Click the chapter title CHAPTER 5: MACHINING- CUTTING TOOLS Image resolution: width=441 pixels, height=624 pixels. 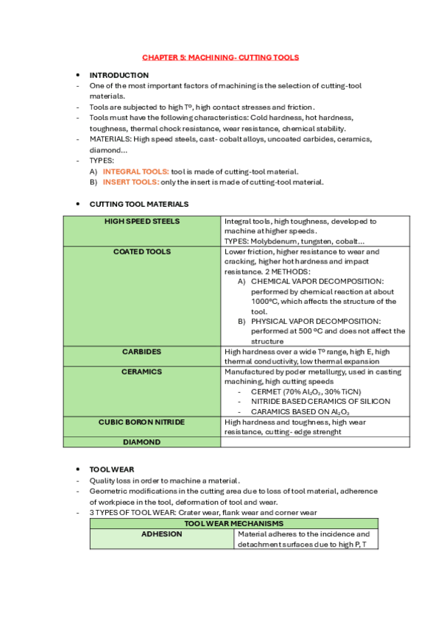coord(221,57)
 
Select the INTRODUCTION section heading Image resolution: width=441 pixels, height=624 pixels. coord(119,75)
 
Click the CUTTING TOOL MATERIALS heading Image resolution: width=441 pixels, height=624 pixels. coord(138,204)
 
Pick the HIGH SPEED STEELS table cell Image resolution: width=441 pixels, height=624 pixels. coord(142,221)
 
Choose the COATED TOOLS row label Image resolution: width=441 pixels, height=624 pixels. coord(142,252)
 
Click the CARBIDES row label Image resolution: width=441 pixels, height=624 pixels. coord(142,352)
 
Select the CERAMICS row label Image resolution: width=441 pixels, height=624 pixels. coord(142,372)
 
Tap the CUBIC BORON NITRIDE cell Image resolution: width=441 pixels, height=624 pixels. coord(142,422)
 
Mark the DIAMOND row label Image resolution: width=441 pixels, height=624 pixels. coord(142,442)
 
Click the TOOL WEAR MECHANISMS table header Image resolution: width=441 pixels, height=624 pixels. coord(234,523)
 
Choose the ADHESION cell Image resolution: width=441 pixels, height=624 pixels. coord(162,534)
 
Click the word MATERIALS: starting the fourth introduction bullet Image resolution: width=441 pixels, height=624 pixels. coord(110,139)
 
